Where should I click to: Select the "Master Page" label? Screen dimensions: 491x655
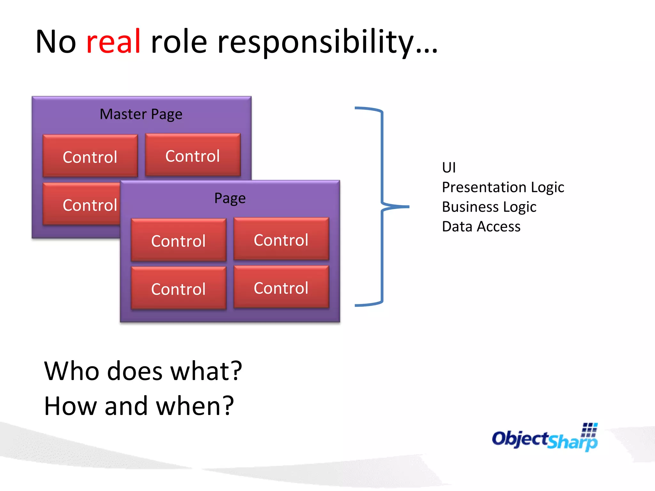[141, 114]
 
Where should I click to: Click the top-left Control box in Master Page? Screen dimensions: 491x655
[90, 156]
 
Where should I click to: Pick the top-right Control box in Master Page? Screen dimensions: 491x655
[193, 155]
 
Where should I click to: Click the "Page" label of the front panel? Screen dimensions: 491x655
[230, 198]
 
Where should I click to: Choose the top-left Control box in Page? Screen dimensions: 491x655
[178, 240]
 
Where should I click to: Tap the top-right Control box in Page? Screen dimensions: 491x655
[281, 239]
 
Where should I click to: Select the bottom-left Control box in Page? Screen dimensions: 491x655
[178, 288]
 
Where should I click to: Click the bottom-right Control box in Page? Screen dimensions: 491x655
[281, 287]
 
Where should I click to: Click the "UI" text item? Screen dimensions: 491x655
[449, 168]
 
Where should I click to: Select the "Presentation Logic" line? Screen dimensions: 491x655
[503, 187]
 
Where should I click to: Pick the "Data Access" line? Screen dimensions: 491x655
[481, 227]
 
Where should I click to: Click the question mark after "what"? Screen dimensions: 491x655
[236, 371]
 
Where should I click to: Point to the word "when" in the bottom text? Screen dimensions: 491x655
[189, 406]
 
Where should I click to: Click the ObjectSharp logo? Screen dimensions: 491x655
[545, 438]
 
